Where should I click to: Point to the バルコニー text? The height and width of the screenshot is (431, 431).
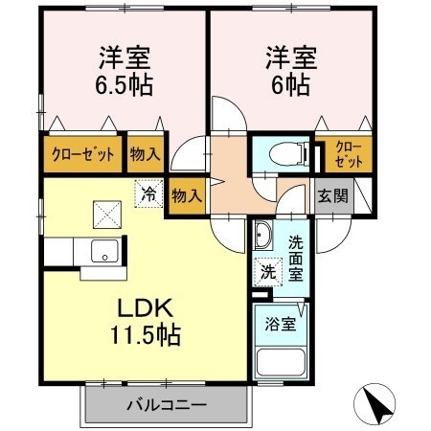tap(166, 405)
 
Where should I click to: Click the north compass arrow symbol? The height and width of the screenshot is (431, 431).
tap(377, 404)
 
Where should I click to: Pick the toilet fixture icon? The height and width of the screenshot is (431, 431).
tap(284, 153)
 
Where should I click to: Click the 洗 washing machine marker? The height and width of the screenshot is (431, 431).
tap(269, 271)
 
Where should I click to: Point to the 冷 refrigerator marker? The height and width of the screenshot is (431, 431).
tap(148, 192)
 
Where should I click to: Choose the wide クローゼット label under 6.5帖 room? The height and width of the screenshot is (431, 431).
tap(81, 154)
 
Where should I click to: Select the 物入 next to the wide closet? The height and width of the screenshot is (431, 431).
tap(145, 154)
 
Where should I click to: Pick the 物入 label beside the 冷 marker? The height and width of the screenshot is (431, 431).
tap(186, 196)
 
